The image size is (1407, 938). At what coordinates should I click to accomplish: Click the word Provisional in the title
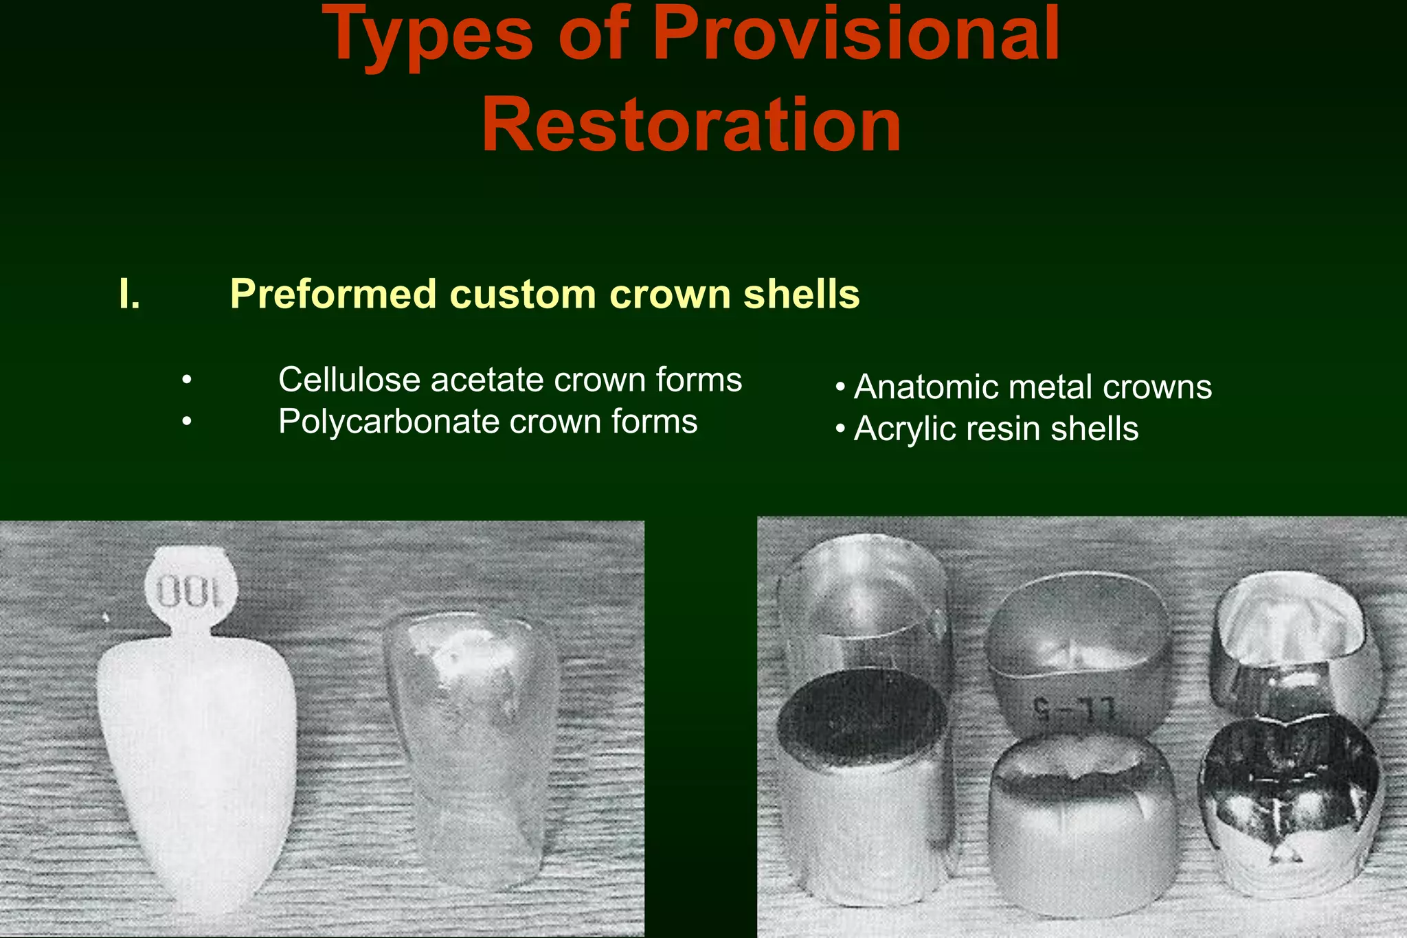click(x=856, y=34)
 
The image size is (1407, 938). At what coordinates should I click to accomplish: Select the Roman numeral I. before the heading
click(x=129, y=295)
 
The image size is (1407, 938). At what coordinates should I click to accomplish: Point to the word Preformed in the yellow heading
click(x=333, y=295)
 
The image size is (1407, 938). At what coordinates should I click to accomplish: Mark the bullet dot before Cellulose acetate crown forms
click(x=187, y=380)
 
